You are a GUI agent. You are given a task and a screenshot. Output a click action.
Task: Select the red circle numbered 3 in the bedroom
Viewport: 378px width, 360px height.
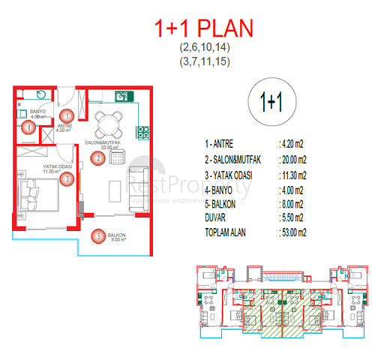pos(67,178)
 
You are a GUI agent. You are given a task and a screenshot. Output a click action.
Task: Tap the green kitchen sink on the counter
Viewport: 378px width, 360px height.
pos(120,96)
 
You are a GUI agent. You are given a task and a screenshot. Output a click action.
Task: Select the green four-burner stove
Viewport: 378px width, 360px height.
pos(140,132)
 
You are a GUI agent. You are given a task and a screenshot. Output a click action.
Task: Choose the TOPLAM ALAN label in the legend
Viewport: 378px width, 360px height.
pos(229,232)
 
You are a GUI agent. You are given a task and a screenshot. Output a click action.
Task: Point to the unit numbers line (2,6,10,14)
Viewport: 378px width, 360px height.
pos(204,48)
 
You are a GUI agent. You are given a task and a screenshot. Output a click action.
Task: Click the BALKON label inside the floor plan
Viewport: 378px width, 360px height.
pos(116,235)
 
